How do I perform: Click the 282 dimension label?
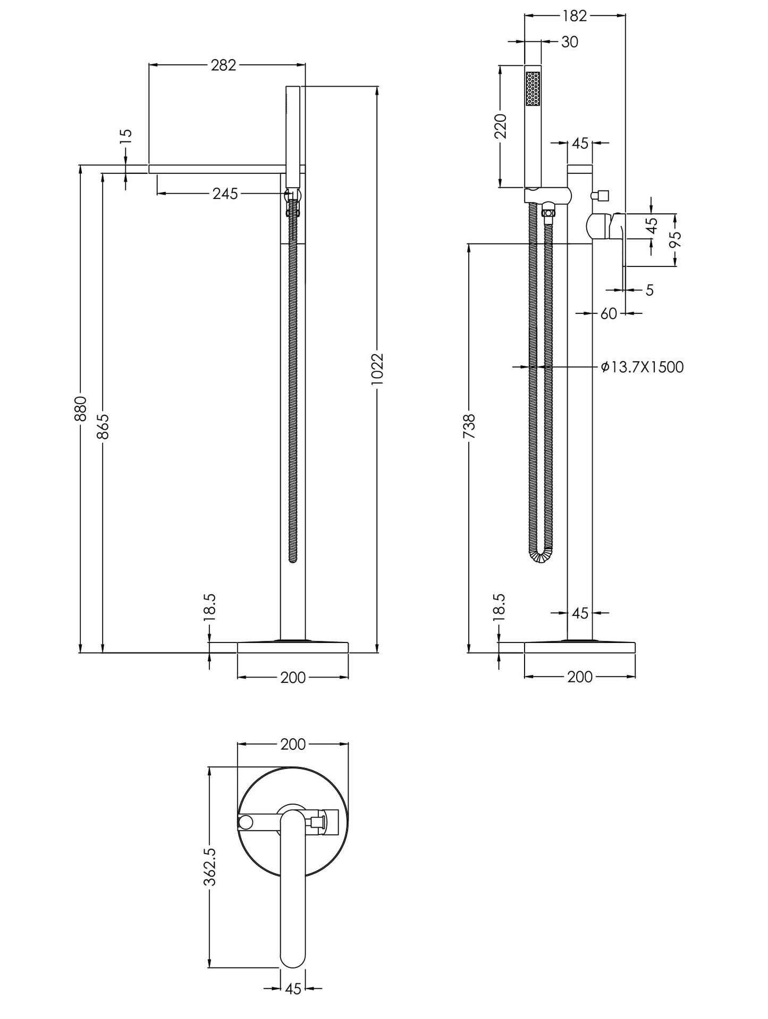223,65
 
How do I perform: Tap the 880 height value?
80,408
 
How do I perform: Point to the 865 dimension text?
103,426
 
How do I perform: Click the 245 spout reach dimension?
225,194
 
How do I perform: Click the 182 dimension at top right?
575,16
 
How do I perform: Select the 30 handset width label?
569,41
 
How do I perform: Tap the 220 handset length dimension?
501,126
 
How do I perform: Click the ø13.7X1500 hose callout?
642,367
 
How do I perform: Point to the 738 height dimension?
469,426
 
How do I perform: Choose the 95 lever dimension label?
675,239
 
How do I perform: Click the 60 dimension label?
609,314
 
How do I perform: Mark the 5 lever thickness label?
649,290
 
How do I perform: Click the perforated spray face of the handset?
533,89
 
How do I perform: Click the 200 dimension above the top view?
293,744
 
